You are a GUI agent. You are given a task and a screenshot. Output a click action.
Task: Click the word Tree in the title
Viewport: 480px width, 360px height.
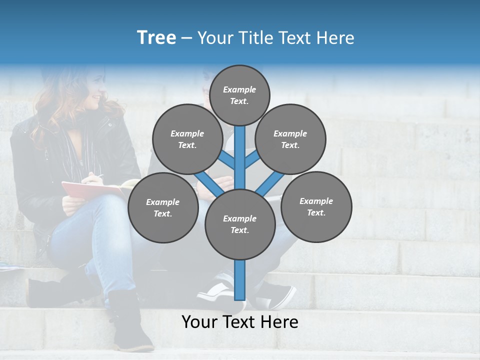pos(156,38)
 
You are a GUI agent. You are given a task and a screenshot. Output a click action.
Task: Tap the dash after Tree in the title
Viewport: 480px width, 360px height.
pos(186,38)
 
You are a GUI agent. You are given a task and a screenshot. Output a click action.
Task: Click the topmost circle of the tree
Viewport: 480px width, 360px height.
pos(239,95)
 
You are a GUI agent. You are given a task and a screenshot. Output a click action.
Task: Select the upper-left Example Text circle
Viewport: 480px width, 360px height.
pos(187,139)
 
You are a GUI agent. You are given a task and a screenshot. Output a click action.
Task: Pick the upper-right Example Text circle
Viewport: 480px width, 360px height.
pos(290,139)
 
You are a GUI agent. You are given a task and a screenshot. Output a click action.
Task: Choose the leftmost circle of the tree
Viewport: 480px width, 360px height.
pos(163,207)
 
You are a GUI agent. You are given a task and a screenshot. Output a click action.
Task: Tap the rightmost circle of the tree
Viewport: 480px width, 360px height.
pos(316,206)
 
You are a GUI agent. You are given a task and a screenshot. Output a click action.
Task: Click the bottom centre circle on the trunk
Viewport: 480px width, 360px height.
pos(240,224)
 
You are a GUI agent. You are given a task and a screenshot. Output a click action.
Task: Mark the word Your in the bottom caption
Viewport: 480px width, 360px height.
pos(198,322)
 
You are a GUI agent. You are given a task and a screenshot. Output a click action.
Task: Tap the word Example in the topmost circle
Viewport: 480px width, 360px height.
pos(239,89)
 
